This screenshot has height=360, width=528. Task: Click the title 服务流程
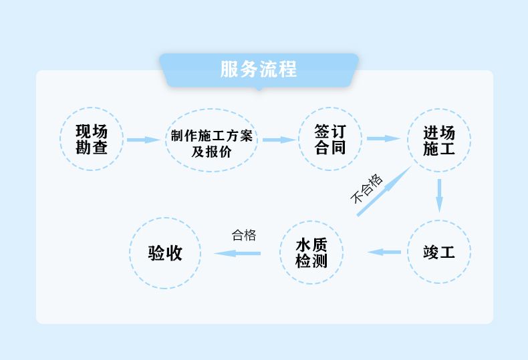click(x=259, y=69)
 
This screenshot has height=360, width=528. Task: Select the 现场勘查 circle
click(x=92, y=140)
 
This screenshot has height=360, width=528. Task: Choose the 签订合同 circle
click(x=329, y=139)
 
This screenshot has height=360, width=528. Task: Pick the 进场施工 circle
click(x=439, y=140)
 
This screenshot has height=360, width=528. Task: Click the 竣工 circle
click(x=439, y=252)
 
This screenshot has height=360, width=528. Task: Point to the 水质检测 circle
click(x=311, y=252)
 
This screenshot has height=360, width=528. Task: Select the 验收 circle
click(x=165, y=252)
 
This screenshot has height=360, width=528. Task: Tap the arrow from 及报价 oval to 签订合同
click(x=279, y=140)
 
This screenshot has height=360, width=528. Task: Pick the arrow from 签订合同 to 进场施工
click(x=384, y=139)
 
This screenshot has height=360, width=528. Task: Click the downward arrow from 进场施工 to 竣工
click(x=439, y=194)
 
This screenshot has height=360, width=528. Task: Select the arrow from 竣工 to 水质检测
click(x=384, y=252)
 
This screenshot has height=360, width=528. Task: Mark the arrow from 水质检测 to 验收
click(x=237, y=253)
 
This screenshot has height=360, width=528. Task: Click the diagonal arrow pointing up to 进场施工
click(x=384, y=191)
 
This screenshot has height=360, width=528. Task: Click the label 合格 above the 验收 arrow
click(x=244, y=235)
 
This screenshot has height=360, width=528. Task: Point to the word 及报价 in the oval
click(x=211, y=152)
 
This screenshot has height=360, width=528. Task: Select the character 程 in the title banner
click(x=288, y=69)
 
